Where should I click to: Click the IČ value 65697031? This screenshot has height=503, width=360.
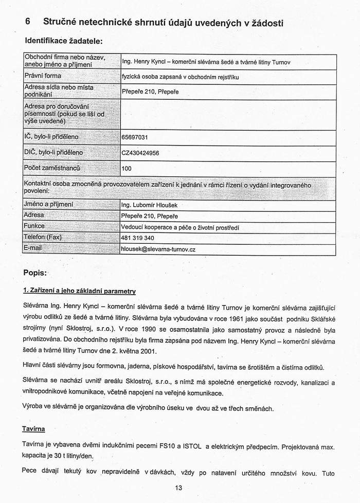tap(134, 138)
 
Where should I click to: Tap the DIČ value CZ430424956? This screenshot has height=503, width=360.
tap(140, 153)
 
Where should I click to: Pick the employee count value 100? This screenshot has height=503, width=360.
tap(127, 168)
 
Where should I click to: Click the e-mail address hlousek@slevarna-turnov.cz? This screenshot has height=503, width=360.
tap(158, 249)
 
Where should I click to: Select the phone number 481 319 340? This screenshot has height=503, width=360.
tap(137, 238)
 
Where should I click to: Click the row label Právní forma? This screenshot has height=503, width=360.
tap(43, 76)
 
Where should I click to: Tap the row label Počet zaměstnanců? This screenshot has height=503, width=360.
tap(52, 168)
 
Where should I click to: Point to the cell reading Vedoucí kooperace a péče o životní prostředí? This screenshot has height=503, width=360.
tap(179, 227)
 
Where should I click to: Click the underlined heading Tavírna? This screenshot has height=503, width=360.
tap(34, 428)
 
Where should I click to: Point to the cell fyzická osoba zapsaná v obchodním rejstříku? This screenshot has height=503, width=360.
tap(181, 77)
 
